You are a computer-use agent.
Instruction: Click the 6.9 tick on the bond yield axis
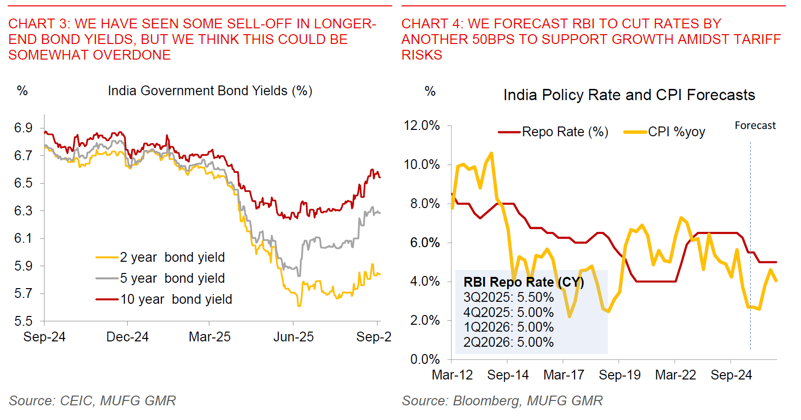point(23,128)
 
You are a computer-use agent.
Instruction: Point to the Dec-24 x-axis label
point(127,337)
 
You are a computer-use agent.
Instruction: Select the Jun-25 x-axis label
point(293,337)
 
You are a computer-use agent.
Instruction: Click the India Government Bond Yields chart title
point(210,91)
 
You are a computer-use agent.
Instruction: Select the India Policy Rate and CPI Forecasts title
point(629,95)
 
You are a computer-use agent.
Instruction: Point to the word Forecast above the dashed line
point(755,126)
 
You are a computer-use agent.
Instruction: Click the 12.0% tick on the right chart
point(422,126)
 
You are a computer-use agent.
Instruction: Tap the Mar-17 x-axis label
point(564,375)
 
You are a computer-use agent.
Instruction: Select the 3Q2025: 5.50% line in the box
point(509,297)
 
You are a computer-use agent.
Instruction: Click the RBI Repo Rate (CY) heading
point(524,282)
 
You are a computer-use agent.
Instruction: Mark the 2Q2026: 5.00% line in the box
point(509,342)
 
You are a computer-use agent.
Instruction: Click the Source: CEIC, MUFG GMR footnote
point(92,401)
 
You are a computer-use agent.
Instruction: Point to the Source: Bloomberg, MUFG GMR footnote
point(502,401)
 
